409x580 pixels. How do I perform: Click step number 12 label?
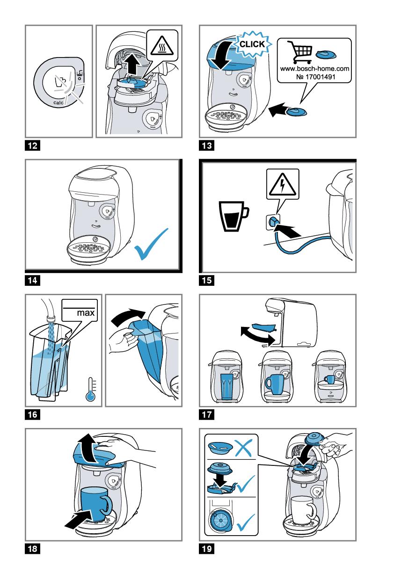[32, 146]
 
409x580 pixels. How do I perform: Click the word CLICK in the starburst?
[252, 45]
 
